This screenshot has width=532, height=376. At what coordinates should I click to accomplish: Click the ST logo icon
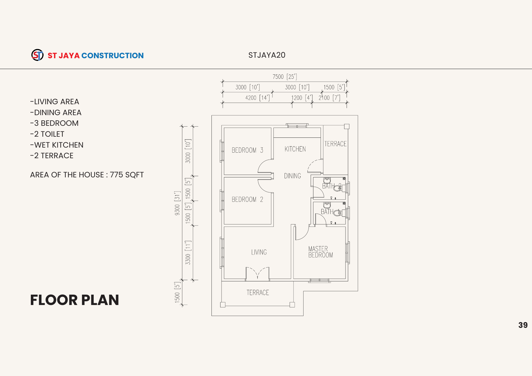38,55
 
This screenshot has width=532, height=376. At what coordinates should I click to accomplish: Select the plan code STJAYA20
267,55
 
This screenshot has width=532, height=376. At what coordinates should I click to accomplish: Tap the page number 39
523,325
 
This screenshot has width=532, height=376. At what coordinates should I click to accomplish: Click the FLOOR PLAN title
74,300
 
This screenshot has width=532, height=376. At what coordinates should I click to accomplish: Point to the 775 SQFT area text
127,175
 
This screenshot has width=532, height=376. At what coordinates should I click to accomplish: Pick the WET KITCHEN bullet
57,145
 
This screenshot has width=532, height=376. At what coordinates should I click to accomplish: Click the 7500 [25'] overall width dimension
285,77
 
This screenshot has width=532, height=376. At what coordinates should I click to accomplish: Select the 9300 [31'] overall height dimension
177,203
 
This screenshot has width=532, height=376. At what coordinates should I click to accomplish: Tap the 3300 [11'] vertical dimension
188,253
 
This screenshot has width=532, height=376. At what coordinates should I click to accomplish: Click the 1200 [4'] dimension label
302,98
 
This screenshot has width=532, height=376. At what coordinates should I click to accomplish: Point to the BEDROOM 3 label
247,150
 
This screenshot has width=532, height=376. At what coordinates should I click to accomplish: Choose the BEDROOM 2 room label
247,199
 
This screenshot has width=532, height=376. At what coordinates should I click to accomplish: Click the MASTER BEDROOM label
321,252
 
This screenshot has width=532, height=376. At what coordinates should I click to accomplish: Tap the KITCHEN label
295,149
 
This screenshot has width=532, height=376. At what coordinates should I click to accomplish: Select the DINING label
293,176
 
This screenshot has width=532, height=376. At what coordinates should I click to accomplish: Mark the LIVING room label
259,252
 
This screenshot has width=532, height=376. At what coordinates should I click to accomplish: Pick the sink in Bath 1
327,205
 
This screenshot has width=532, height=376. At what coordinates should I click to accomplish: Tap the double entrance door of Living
257,274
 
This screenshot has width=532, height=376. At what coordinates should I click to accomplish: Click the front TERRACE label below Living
258,293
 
